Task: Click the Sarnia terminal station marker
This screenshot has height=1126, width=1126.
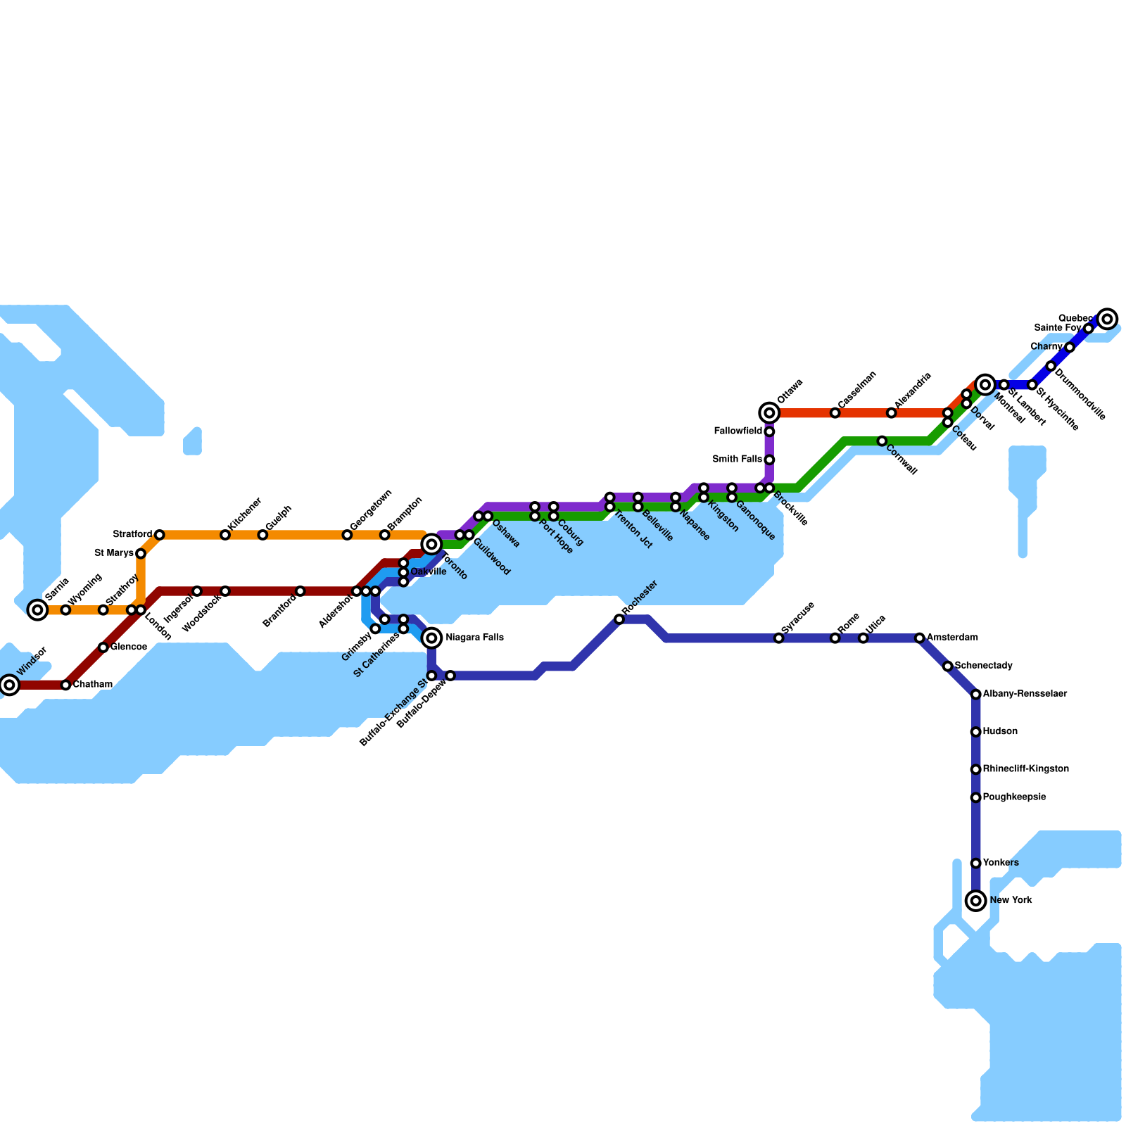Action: tap(38, 610)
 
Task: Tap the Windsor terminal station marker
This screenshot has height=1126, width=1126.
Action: tap(8, 684)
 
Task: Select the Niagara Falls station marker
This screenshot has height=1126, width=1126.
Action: tap(433, 638)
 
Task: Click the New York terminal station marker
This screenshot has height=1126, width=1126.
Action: tap(975, 901)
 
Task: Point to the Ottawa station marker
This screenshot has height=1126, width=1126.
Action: tap(769, 413)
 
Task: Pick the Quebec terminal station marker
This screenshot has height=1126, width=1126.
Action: tap(1107, 320)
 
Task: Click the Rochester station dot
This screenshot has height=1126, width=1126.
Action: tap(619, 619)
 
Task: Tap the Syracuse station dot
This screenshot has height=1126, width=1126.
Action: tap(778, 638)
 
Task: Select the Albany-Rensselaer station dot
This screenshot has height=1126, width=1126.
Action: tap(975, 695)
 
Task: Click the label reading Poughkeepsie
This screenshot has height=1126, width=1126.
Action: tap(1014, 797)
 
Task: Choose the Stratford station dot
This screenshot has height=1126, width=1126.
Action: tap(160, 535)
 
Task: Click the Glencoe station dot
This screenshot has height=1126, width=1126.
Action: tap(103, 647)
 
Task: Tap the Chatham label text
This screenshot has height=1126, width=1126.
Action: tap(92, 685)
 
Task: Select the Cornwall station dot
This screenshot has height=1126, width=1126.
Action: tap(882, 441)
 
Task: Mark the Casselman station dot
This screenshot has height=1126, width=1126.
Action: tap(835, 413)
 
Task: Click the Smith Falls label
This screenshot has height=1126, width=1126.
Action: tap(737, 460)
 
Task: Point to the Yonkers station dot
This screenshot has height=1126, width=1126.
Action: tap(975, 864)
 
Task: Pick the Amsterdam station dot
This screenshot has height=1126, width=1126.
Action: tap(919, 638)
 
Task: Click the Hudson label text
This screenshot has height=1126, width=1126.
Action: tap(1000, 732)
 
